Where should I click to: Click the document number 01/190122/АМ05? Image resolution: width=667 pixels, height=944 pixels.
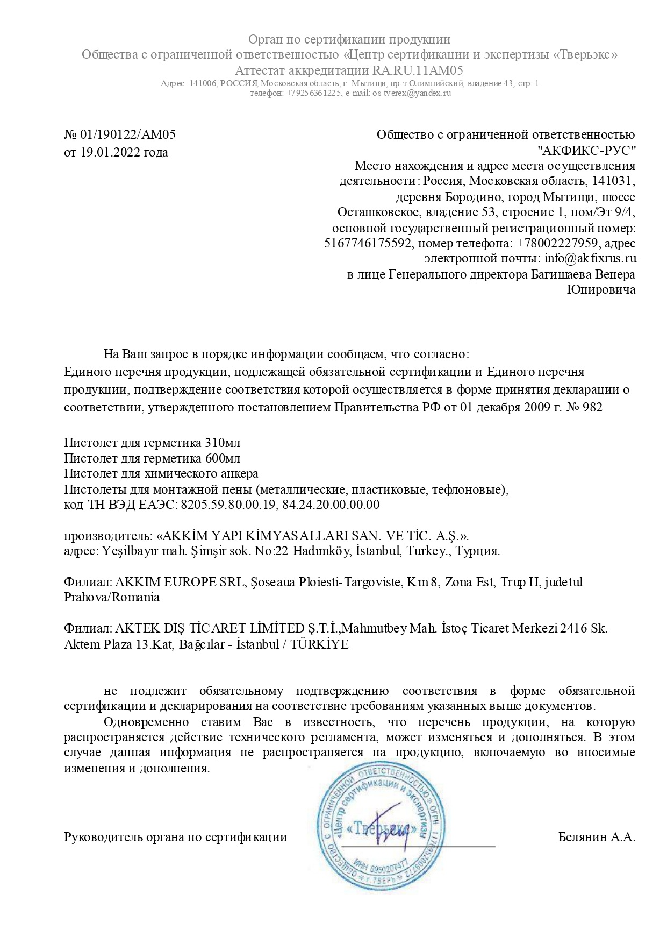coord(128,134)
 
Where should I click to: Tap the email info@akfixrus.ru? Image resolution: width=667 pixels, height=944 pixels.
coord(590,258)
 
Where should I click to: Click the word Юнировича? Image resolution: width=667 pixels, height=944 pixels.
coord(601,290)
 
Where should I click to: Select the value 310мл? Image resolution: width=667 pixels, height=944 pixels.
coord(223,443)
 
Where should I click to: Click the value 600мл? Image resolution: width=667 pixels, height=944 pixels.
coord(223,459)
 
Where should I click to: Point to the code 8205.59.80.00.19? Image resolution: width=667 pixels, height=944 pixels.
coord(228,505)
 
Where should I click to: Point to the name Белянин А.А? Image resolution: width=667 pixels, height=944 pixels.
coord(597,837)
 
